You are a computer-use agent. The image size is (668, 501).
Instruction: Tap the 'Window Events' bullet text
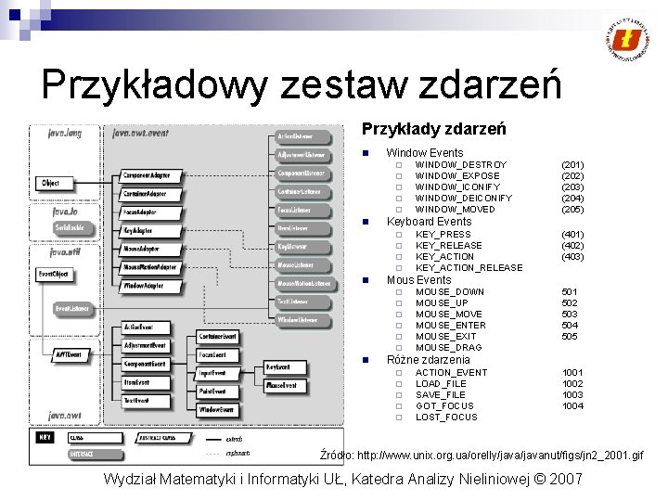point(424,152)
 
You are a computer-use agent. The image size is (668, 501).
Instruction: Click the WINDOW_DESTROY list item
point(461,164)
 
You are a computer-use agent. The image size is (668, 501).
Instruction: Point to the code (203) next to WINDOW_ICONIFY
point(572,186)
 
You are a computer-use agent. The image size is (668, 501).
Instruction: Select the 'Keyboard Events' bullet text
point(429,222)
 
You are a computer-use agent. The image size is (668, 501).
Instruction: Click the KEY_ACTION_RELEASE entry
point(469,268)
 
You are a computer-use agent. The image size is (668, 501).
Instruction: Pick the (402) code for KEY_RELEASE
point(572,246)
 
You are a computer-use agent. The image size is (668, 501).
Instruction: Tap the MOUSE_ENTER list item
point(450,326)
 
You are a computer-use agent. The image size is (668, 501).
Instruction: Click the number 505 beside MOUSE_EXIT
point(570,337)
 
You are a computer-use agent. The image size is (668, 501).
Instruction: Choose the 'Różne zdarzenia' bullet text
point(428,360)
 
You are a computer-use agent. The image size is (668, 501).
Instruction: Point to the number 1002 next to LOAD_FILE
point(572,383)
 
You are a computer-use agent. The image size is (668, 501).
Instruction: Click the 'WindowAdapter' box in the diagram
point(144,286)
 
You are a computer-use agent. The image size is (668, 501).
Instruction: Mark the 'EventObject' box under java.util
point(54,275)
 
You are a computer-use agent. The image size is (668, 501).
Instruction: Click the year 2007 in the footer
point(565,479)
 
